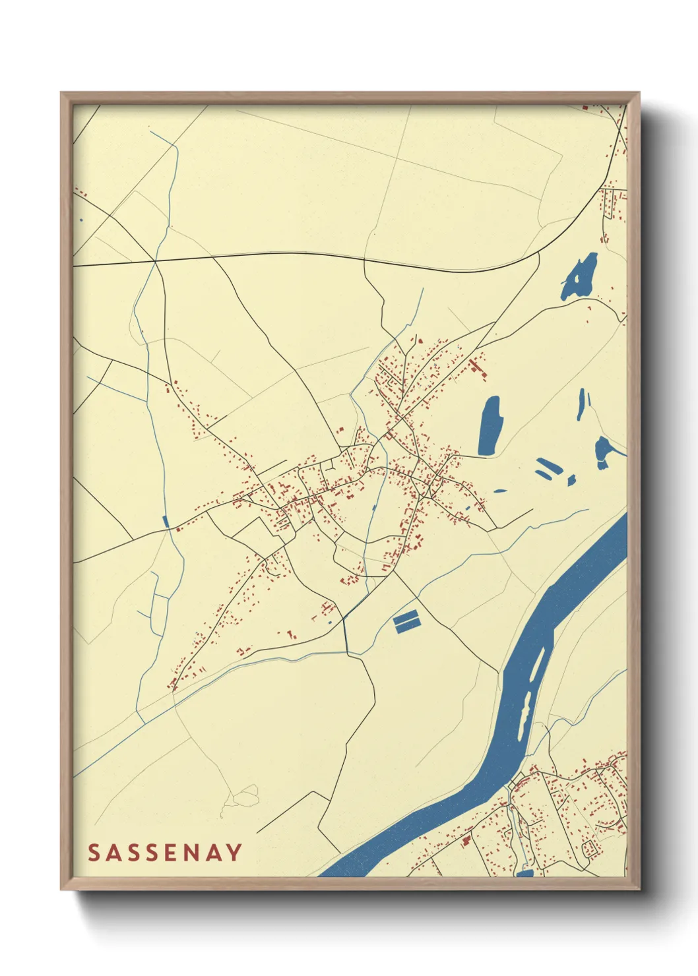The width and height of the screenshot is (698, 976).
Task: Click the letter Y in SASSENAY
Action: coord(234,853)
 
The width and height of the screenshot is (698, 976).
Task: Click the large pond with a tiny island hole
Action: coord(580,278)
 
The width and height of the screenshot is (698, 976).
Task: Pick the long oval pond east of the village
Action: coord(490,425)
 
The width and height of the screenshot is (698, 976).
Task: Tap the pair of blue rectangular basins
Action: coord(406,621)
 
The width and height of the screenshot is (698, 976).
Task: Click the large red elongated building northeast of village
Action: coord(478,369)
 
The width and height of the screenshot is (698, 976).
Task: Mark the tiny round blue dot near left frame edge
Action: coord(81,220)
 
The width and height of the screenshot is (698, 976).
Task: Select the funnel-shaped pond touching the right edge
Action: coord(604,452)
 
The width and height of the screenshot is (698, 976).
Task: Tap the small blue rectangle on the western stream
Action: coord(166,522)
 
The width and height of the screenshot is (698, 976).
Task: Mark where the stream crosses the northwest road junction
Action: coord(155,262)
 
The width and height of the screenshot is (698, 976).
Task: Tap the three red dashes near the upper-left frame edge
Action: coord(81,193)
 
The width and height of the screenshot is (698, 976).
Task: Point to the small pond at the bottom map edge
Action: coord(524,873)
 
